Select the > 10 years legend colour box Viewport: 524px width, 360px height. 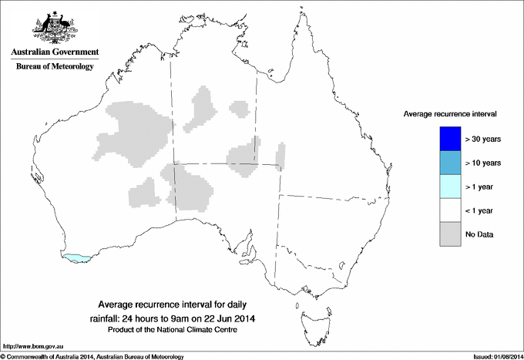(x=449, y=162)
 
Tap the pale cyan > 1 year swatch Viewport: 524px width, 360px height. (x=449, y=186)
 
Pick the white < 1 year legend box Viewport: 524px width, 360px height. (x=449, y=210)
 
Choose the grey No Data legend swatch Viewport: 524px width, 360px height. (x=449, y=234)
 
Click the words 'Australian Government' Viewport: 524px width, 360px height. (x=55, y=52)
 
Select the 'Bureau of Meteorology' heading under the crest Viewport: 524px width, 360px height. (x=55, y=66)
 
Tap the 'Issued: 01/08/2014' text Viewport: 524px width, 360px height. (x=496, y=356)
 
